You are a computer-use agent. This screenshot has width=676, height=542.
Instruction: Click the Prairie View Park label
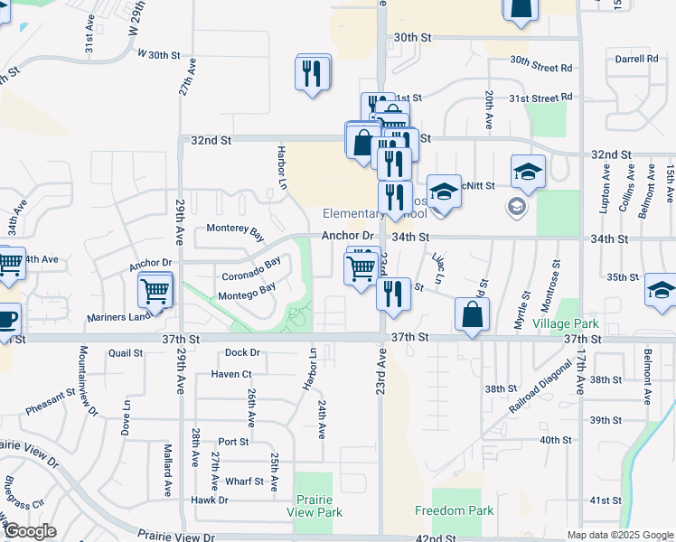[x=315, y=506]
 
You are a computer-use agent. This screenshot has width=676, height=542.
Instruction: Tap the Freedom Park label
[x=454, y=510]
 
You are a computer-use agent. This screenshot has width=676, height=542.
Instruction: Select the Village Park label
[x=566, y=323]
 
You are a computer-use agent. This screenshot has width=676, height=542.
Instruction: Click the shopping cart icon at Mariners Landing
[x=155, y=291]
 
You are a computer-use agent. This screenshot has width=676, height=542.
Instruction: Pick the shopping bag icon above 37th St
[x=472, y=315]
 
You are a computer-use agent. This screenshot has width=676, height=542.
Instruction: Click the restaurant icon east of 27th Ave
[x=313, y=73]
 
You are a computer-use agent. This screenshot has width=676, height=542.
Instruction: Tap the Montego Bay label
[x=247, y=293]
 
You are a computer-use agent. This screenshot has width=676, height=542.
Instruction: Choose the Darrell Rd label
[x=636, y=59]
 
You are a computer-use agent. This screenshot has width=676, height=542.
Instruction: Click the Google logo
[x=30, y=531]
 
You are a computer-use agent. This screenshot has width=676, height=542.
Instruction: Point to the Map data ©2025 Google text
[x=619, y=535]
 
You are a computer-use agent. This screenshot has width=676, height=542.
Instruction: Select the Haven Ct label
[x=230, y=373]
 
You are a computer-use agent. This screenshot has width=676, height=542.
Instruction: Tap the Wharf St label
[x=244, y=481]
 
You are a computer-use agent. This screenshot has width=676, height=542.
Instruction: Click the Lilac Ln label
[x=439, y=269]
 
